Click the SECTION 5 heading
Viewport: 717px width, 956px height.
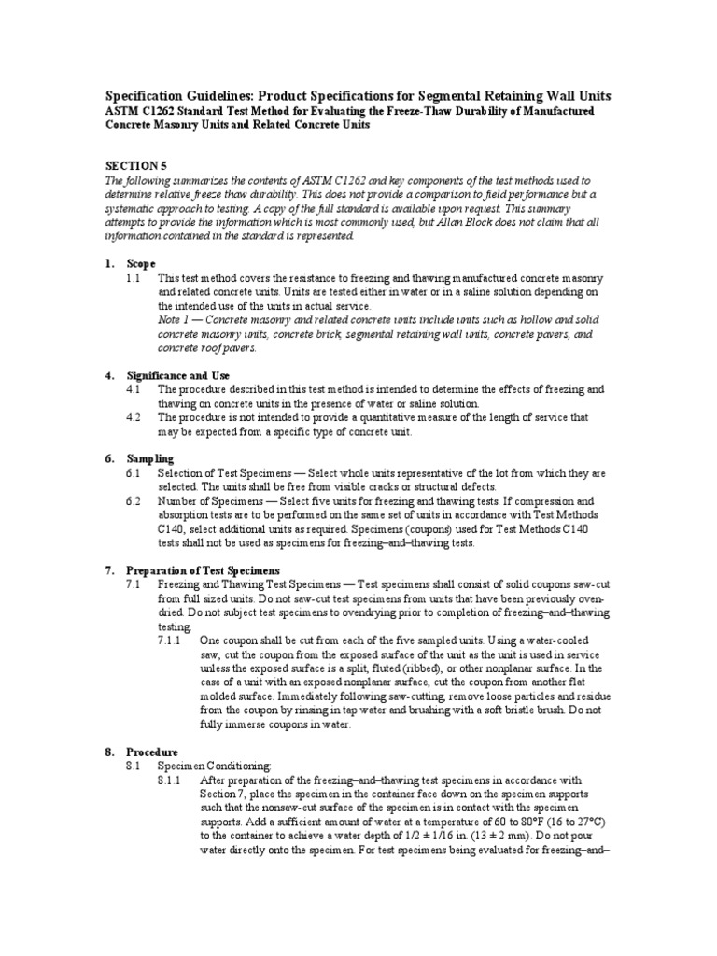(x=135, y=163)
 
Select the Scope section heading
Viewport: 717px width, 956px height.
(x=142, y=264)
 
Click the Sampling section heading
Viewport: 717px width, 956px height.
(x=151, y=458)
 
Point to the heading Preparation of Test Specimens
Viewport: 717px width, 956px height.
(x=204, y=569)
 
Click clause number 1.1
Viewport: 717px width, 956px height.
(x=134, y=278)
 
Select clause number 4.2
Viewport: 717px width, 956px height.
(x=134, y=417)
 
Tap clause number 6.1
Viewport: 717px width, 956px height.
(x=134, y=473)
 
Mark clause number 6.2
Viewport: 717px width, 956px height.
(x=134, y=501)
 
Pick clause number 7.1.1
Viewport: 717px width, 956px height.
(x=171, y=640)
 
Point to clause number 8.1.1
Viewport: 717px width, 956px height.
(x=171, y=780)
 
